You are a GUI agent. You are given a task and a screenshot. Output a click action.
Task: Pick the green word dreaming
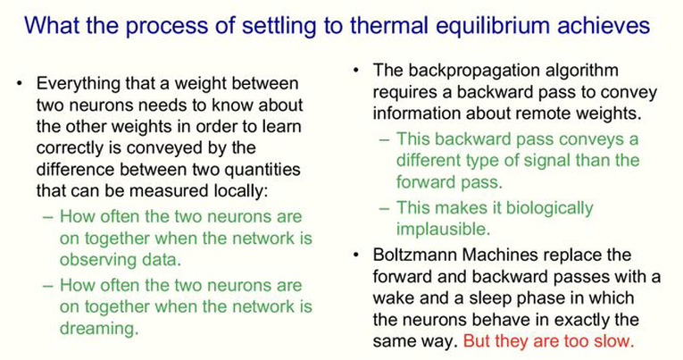tap(99, 328)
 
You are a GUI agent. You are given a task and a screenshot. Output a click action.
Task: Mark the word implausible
tap(444, 230)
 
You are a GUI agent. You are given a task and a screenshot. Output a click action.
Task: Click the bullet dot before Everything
tap(19, 83)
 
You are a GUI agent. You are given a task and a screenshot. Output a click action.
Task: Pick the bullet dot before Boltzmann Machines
tap(356, 255)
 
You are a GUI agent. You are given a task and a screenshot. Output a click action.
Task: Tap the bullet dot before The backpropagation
tap(356, 71)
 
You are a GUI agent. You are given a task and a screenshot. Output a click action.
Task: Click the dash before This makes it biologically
tap(384, 208)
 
